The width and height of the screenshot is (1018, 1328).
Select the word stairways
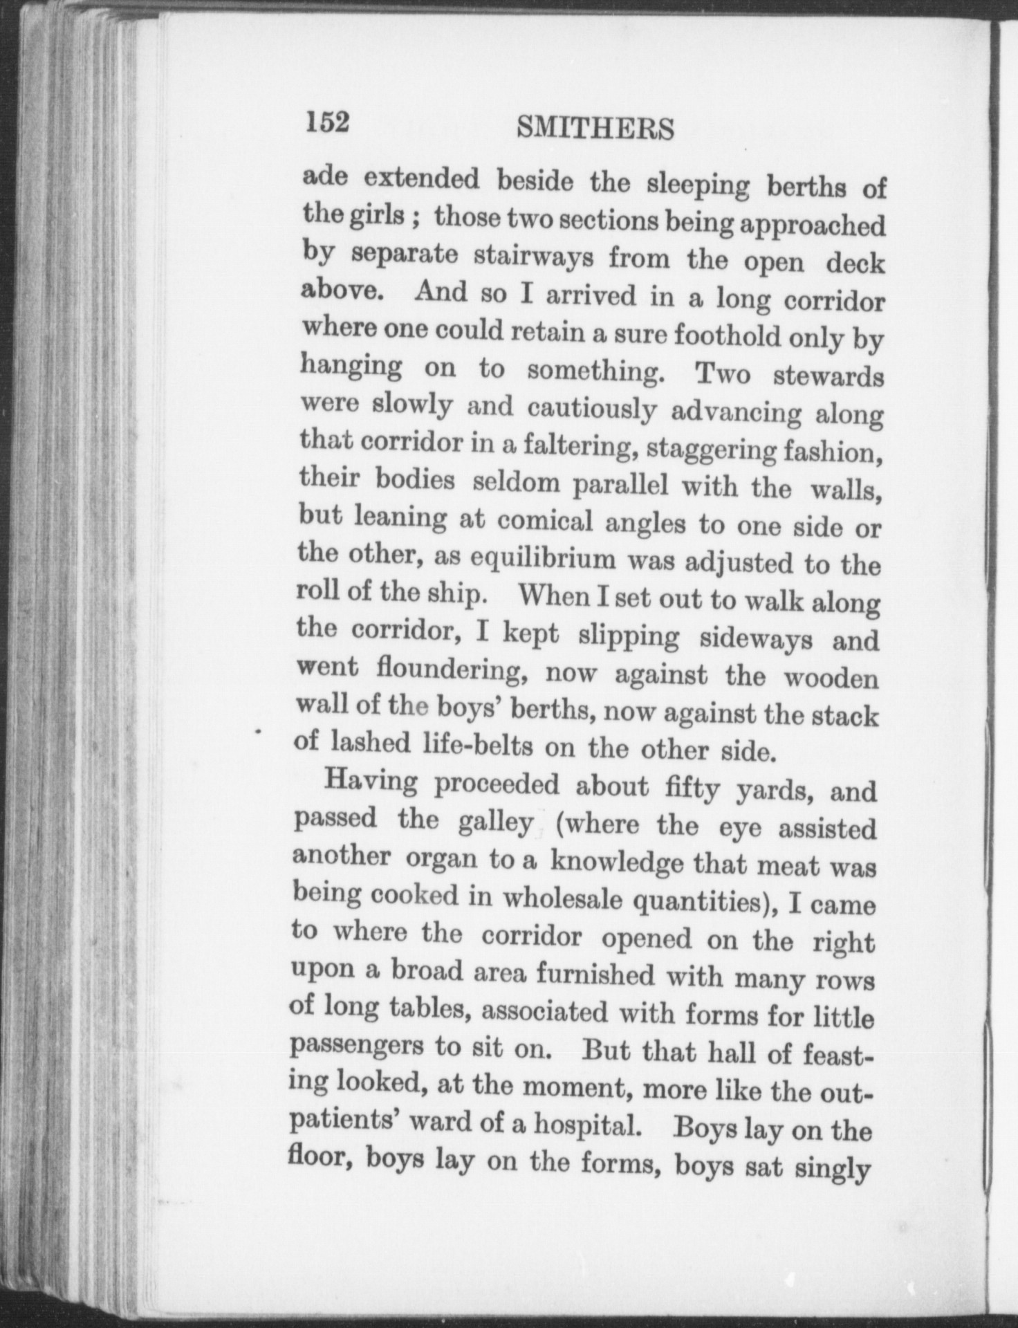[530, 257]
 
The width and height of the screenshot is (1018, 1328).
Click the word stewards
[827, 376]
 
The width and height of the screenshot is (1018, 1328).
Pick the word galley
[495, 822]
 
